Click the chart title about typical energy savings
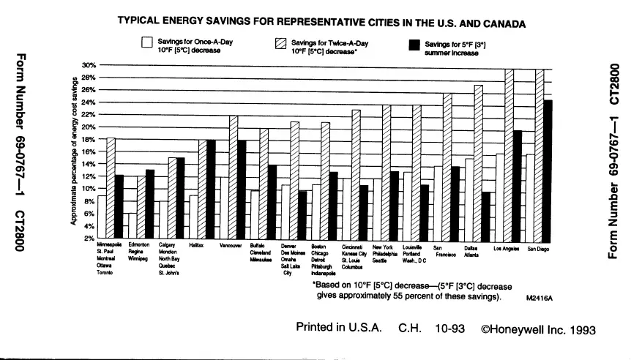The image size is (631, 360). point(321,23)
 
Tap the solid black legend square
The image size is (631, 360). point(415,46)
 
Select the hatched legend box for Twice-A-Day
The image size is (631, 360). point(280,45)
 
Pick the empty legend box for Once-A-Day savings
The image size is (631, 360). point(146,45)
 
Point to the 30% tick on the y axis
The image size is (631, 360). point(89,65)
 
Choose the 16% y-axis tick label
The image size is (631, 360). point(89,151)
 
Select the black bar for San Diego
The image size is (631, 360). point(548,170)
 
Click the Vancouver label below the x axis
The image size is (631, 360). point(231,247)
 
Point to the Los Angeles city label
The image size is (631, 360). point(507,249)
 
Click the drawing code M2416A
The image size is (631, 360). point(538,299)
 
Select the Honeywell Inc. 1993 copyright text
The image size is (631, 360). point(539,329)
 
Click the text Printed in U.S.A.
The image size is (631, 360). point(338,328)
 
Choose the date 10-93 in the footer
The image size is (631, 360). point(450,329)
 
